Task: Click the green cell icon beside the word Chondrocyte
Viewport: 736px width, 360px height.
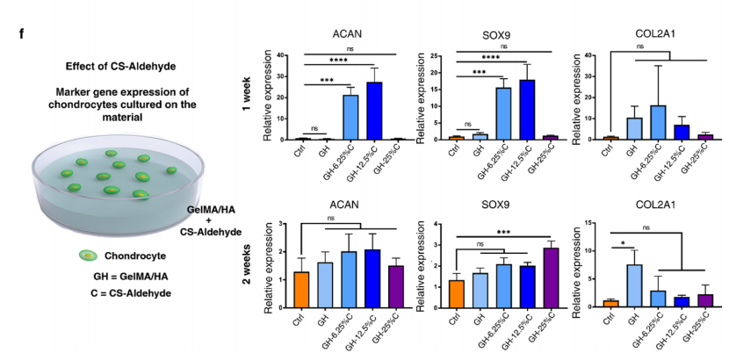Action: [90, 256]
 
